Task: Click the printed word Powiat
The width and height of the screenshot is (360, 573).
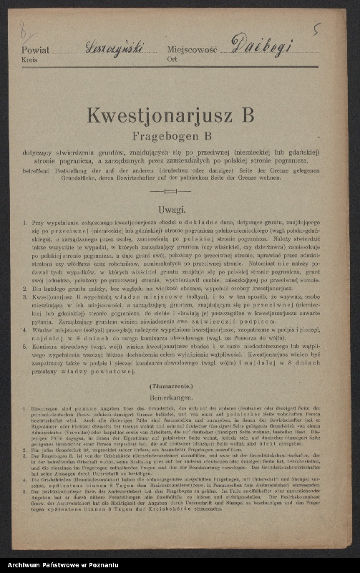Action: [x=36, y=52]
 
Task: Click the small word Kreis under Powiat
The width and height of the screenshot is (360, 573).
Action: [x=30, y=62]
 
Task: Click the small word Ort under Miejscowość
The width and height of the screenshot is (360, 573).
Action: [x=172, y=62]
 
